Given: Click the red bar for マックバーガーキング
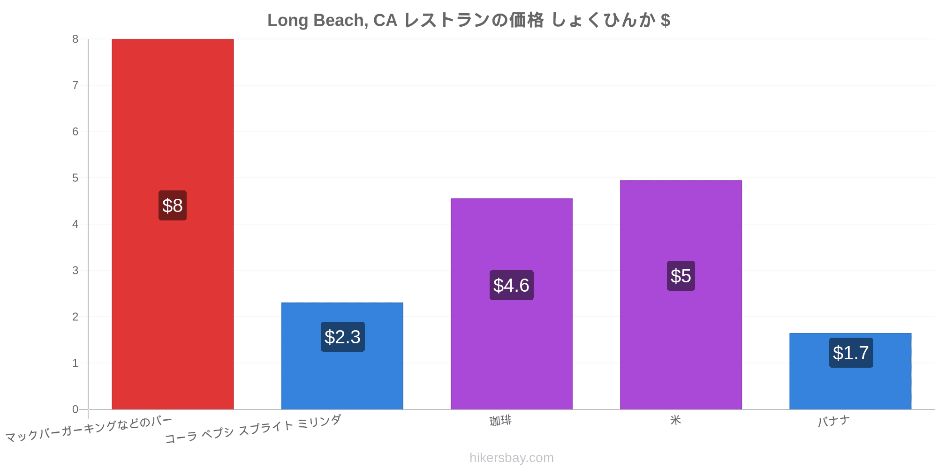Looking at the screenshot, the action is (173, 224).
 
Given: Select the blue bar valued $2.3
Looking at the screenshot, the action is (342, 356).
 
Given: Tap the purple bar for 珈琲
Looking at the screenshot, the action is (511, 304).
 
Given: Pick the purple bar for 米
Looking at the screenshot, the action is (681, 295).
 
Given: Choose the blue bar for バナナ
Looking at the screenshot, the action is (850, 371).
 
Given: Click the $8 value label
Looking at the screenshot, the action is (173, 205).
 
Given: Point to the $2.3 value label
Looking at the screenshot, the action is (342, 337).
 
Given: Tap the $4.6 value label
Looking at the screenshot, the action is (511, 285).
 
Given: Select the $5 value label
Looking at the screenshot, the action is (681, 276).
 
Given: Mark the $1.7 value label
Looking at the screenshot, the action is (851, 353).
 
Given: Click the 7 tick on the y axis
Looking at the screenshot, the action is (75, 85).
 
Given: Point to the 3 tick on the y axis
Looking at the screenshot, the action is (75, 271).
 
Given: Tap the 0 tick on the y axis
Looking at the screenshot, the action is (75, 409).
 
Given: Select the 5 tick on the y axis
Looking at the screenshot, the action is (75, 178).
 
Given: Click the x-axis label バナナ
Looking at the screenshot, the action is (833, 421).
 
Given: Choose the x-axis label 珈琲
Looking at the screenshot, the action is (500, 421).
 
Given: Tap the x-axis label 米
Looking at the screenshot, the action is (675, 420).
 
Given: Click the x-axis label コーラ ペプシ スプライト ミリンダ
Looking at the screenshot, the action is (253, 429).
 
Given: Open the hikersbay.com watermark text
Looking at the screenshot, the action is (512, 458).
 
